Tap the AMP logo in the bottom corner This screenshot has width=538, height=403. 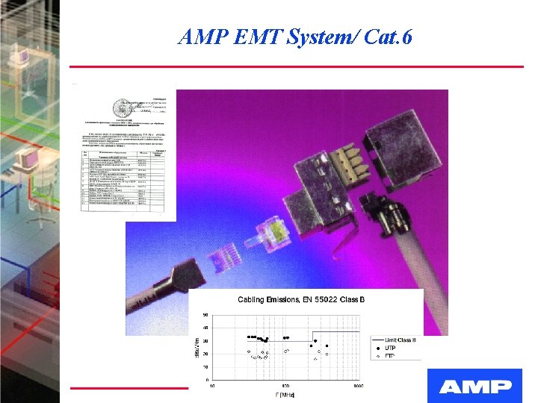pyautogui.click(x=475, y=386)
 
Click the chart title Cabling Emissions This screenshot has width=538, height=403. pyautogui.click(x=270, y=300)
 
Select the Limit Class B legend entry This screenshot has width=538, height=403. pyautogui.click(x=401, y=340)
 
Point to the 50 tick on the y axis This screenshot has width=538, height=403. pyautogui.click(x=206, y=315)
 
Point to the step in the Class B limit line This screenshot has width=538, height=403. pyautogui.click(x=312, y=337)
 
